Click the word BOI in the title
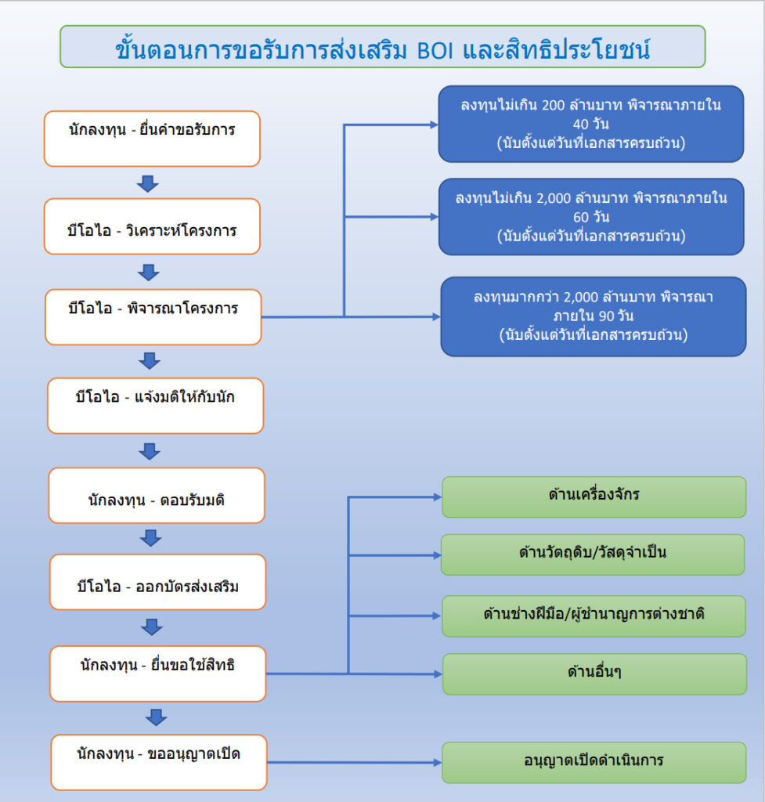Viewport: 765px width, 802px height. pyautogui.click(x=435, y=51)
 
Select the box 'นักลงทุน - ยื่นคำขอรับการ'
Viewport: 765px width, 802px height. pyautogui.click(x=152, y=139)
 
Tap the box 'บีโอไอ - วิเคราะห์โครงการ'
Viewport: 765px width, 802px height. pyautogui.click(x=152, y=226)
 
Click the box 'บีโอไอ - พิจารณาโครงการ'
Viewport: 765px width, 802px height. pyautogui.click(x=153, y=317)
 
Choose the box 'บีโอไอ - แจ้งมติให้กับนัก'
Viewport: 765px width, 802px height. pyautogui.click(x=156, y=406)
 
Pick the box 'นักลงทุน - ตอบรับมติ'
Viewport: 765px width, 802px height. pyautogui.click(x=157, y=495)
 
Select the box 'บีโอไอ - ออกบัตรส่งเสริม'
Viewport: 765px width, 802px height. pyautogui.click(x=157, y=582)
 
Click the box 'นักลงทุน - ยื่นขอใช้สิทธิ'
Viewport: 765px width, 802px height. pyautogui.click(x=157, y=674)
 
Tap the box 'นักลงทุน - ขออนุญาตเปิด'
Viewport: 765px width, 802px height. pyautogui.click(x=158, y=763)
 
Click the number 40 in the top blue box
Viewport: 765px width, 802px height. pyautogui.click(x=580, y=125)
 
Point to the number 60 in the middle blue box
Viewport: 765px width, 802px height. pyautogui.click(x=581, y=218)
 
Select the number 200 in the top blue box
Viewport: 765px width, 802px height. pyautogui.click(x=554, y=106)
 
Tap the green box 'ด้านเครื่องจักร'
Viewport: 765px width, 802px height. pyautogui.click(x=594, y=497)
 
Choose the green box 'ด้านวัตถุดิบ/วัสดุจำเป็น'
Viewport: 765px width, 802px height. pyautogui.click(x=593, y=555)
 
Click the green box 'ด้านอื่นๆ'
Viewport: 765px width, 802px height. pyautogui.click(x=594, y=674)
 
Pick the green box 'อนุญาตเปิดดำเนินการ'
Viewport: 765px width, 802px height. pyautogui.click(x=594, y=763)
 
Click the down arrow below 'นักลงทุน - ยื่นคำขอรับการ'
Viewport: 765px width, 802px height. pyautogui.click(x=148, y=183)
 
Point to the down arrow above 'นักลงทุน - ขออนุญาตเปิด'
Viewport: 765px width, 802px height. pyautogui.click(x=156, y=717)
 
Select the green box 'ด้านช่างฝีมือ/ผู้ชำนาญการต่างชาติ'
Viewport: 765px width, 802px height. pyautogui.click(x=594, y=616)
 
